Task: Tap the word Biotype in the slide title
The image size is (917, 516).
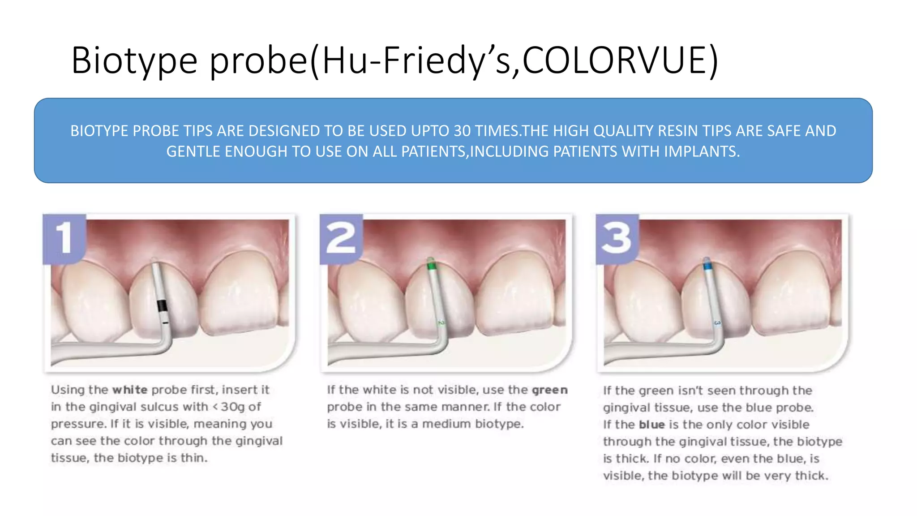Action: [x=134, y=61]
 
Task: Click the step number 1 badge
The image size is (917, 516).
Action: [x=64, y=238]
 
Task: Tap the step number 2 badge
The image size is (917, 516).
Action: [x=341, y=238]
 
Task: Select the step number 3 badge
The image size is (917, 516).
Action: [x=617, y=238]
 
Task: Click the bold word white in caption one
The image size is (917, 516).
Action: [x=130, y=390]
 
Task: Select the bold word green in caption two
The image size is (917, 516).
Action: [x=550, y=390]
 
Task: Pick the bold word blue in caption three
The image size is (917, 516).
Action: [x=651, y=425]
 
